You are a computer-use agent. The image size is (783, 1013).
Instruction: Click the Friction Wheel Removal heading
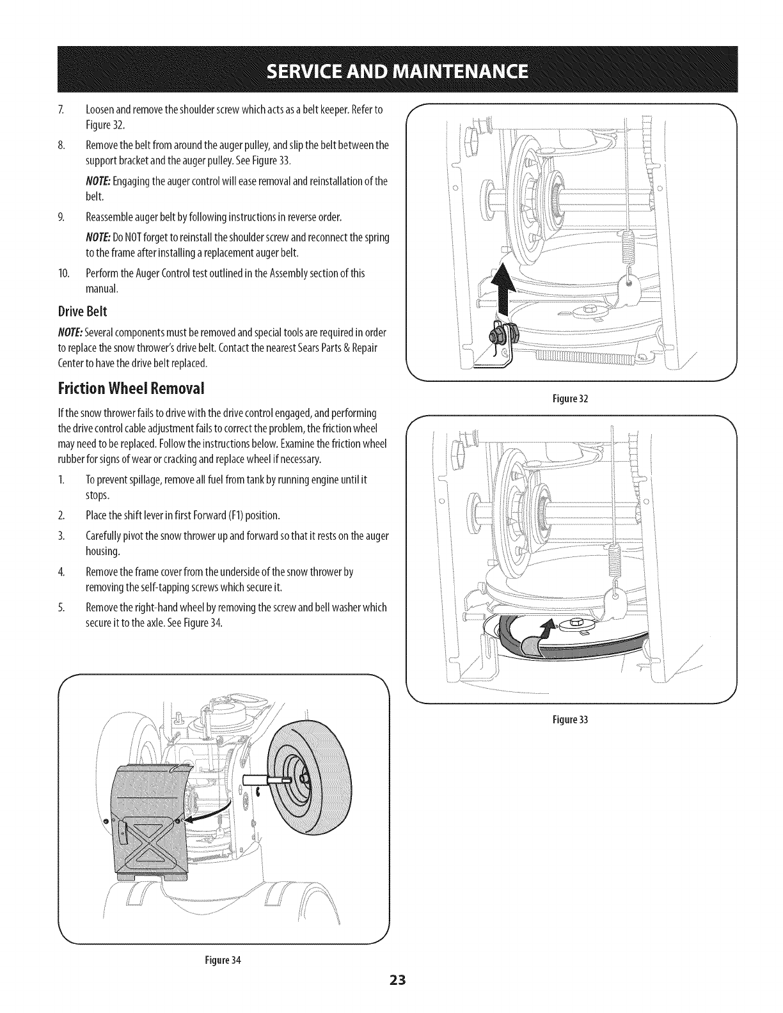coord(132,388)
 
